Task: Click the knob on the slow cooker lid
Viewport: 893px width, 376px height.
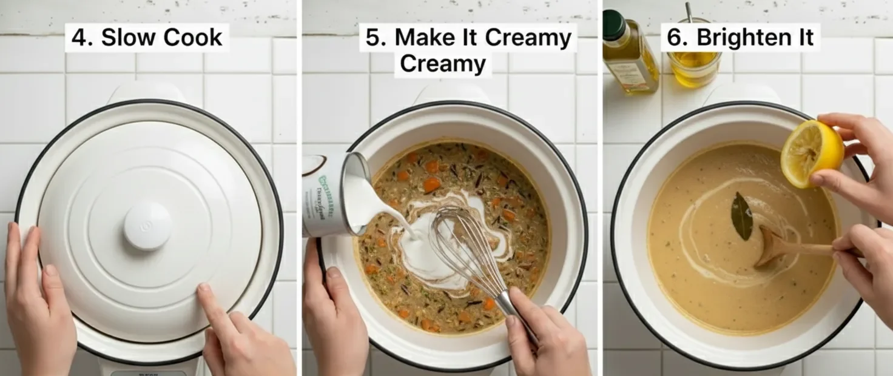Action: click(147, 226)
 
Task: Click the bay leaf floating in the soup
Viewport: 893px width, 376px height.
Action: click(742, 216)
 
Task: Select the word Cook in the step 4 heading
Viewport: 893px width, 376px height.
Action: click(192, 38)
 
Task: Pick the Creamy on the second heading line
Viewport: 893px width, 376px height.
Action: click(443, 64)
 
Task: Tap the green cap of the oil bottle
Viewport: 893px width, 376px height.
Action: click(614, 24)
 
